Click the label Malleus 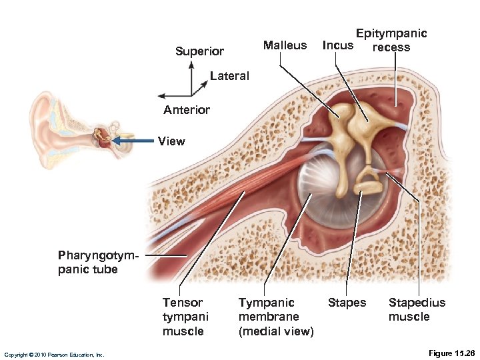[285, 45]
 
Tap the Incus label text [337, 46]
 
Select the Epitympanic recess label [391, 40]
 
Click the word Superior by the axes [199, 51]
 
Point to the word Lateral [229, 76]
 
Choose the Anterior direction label [187, 110]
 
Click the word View [171, 141]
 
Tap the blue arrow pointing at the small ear [133, 141]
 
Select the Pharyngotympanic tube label [88, 262]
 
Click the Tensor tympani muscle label [185, 317]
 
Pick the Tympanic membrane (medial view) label [275, 317]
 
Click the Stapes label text [347, 303]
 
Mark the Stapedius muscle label [417, 309]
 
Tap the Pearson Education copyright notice [54, 355]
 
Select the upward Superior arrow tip [192, 64]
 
